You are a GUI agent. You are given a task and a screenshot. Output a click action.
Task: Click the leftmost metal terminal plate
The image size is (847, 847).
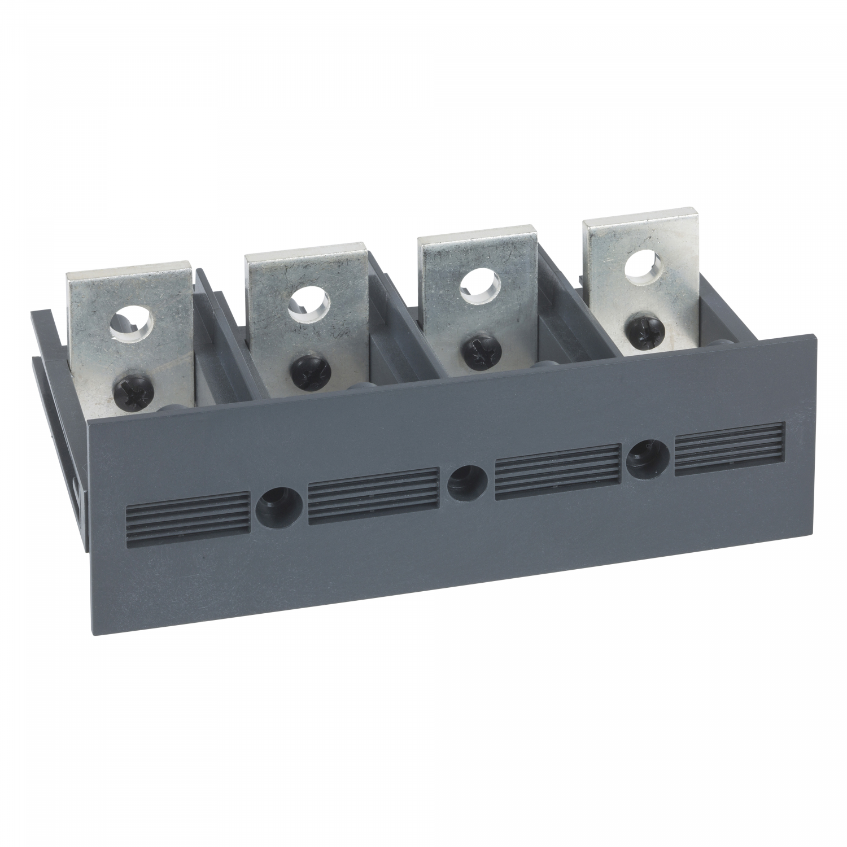130,339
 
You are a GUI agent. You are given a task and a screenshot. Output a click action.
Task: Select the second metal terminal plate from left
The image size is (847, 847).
305,316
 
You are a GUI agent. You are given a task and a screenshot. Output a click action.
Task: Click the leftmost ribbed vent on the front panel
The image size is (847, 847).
186,515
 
